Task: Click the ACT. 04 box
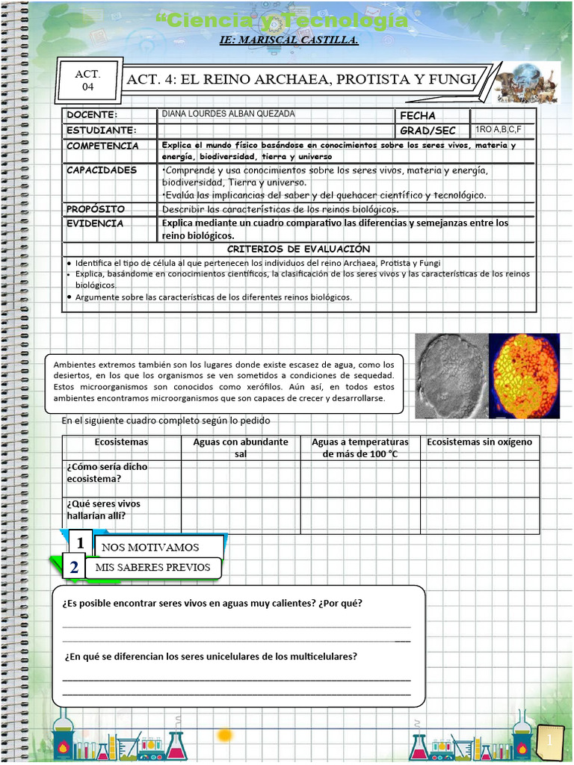coord(88,81)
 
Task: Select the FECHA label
coord(418,116)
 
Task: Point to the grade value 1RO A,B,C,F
coord(499,129)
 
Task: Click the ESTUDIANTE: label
coord(101,131)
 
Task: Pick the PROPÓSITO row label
coord(96,209)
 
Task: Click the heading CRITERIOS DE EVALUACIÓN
coord(298,249)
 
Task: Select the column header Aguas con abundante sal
coord(241,447)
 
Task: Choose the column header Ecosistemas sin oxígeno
coord(479,442)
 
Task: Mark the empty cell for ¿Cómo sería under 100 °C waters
coord(360,479)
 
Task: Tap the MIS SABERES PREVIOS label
coord(153,568)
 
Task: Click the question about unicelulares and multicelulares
coord(211,657)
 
